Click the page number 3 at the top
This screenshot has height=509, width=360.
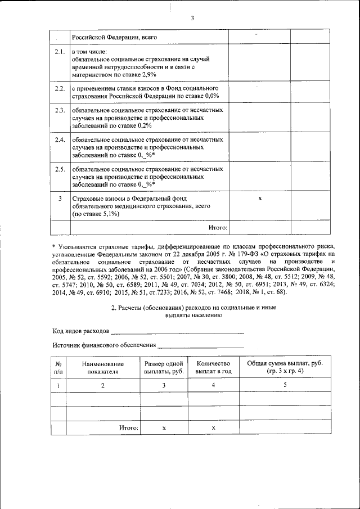(x=192, y=18)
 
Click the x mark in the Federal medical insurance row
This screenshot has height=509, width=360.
(x=259, y=199)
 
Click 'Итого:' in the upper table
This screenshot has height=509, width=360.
(x=218, y=227)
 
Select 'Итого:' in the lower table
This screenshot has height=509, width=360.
(x=128, y=428)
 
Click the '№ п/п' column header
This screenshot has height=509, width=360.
(x=58, y=367)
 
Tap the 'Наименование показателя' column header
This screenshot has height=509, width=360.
(x=103, y=367)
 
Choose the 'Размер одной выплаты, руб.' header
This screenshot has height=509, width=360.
(x=164, y=367)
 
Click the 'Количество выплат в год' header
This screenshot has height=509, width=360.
(x=213, y=367)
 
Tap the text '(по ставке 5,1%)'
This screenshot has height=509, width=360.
(x=96, y=214)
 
